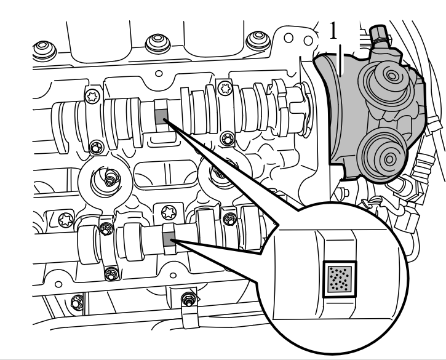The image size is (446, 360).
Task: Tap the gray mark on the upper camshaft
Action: click(161, 117)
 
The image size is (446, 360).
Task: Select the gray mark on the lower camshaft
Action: click(169, 239)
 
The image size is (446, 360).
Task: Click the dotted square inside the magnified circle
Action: click(340, 279)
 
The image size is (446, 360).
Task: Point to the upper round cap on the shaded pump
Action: click(392, 76)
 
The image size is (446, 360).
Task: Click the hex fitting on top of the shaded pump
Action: click(378, 33)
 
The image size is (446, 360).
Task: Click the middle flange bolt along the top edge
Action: click(157, 42)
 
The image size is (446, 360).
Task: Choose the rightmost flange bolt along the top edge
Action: click(258, 39)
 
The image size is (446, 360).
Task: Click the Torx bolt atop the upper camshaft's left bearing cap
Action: click(92, 96)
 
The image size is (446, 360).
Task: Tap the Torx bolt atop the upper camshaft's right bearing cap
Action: click(226, 87)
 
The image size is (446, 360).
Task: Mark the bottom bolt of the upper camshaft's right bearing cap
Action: click(228, 139)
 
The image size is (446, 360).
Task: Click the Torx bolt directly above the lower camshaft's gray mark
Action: click(168, 212)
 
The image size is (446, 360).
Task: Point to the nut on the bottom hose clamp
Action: click(188, 299)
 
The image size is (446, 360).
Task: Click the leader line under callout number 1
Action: click(341, 60)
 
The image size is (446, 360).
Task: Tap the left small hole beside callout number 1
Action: click(289, 38)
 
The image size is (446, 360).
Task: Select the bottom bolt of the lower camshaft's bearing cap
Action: click(111, 274)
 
